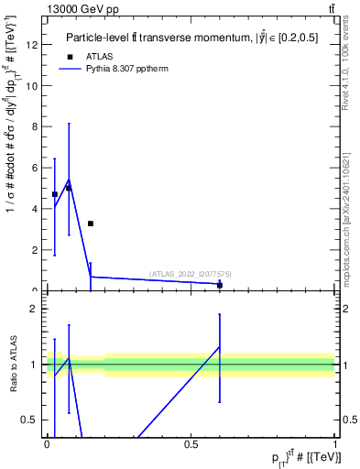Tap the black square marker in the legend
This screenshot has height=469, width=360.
pyautogui.click(x=70, y=57)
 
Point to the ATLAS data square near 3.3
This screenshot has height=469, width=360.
pyautogui.click(x=91, y=224)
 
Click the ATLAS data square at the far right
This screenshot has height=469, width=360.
pyautogui.click(x=220, y=285)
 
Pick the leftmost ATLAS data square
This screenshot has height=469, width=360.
pyautogui.click(x=55, y=194)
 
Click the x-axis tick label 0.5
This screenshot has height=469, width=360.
pyautogui.click(x=191, y=444)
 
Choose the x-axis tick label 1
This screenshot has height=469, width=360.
pyautogui.click(x=335, y=444)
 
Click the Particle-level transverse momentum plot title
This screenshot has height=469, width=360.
pyautogui.click(x=191, y=38)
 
